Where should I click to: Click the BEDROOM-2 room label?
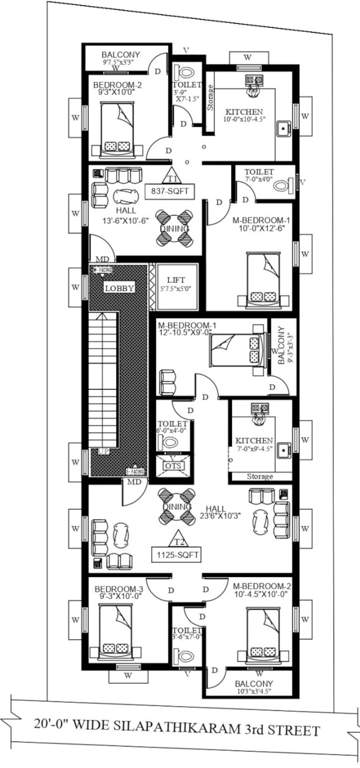(118, 86)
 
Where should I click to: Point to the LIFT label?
(173, 281)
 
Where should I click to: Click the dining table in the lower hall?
(176, 509)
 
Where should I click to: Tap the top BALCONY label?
(118, 55)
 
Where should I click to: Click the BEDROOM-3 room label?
(120, 590)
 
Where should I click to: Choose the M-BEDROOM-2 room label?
(262, 586)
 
